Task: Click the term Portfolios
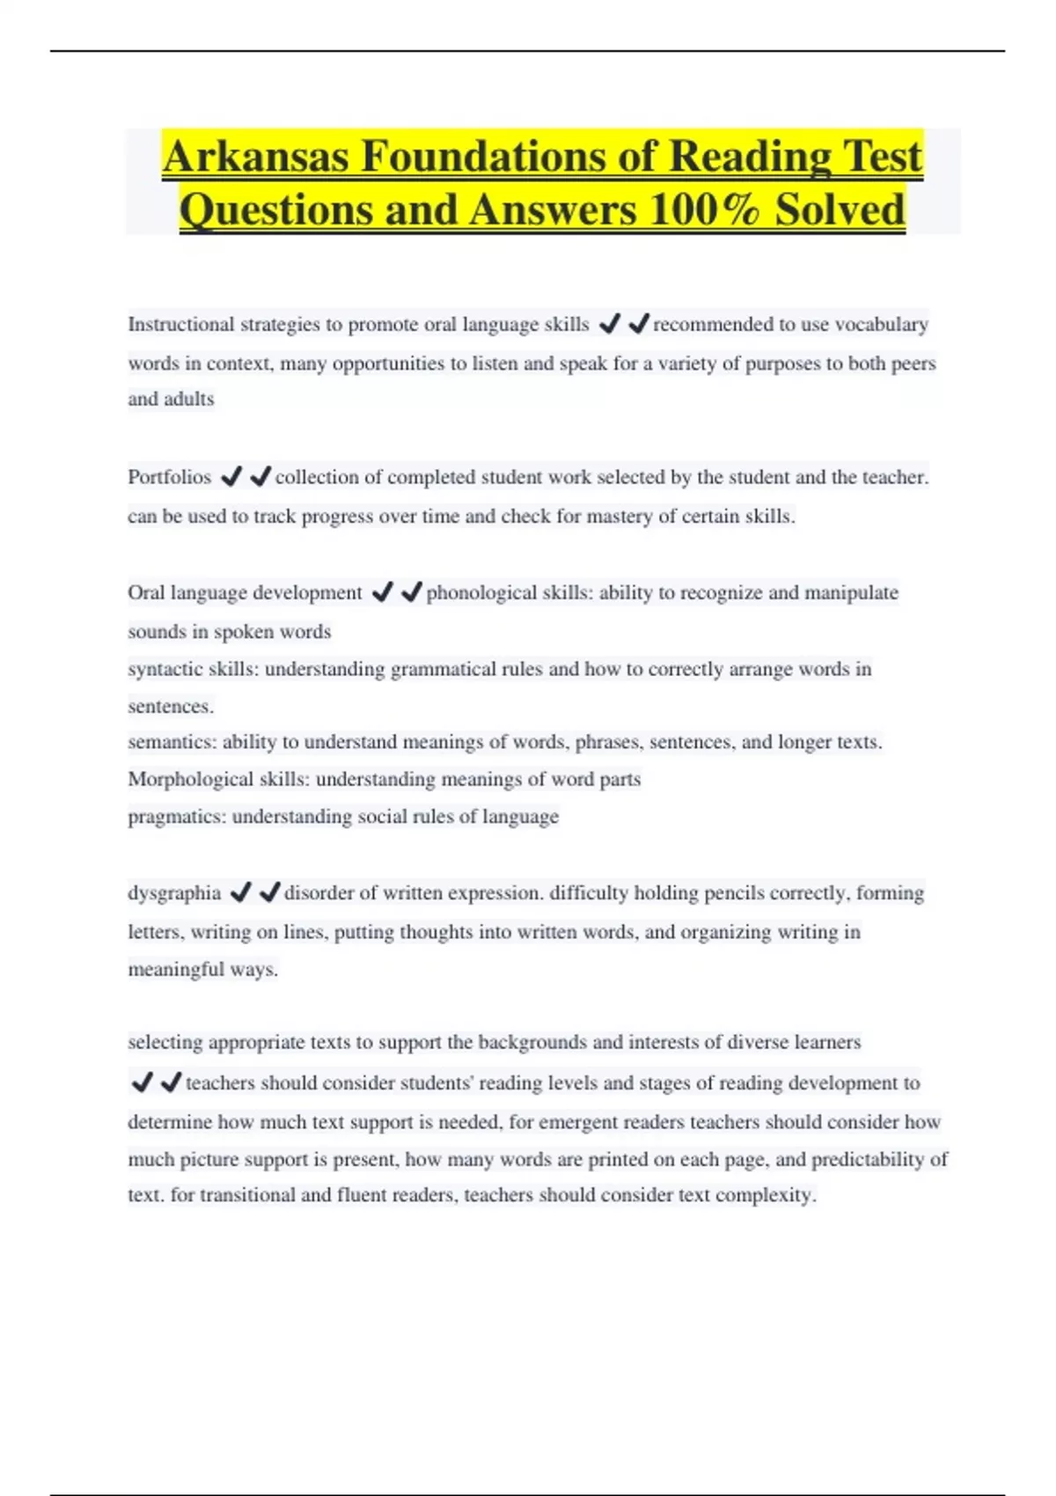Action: tap(169, 478)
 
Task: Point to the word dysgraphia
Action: tap(174, 893)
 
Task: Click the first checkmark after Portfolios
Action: tap(231, 477)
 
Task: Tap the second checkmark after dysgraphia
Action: tap(269, 892)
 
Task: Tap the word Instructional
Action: tap(181, 325)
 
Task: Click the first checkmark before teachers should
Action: tap(142, 1082)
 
